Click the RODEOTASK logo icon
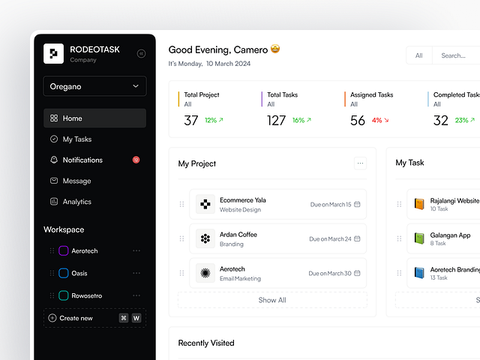pyautogui.click(x=54, y=53)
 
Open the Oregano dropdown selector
pyautogui.click(x=94, y=86)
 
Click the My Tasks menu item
pyautogui.click(x=76, y=139)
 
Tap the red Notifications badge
pyautogui.click(x=136, y=160)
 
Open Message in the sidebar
pyautogui.click(x=76, y=181)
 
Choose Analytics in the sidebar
pyautogui.click(x=76, y=202)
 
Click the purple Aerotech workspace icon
pyautogui.click(x=64, y=251)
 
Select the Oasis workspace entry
pyautogui.click(x=79, y=273)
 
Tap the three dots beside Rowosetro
pyautogui.click(x=136, y=295)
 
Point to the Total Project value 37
pyautogui.click(x=191, y=121)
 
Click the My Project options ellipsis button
pyautogui.click(x=360, y=163)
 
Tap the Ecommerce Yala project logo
pyautogui.click(x=205, y=204)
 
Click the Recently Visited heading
pyautogui.click(x=206, y=343)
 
